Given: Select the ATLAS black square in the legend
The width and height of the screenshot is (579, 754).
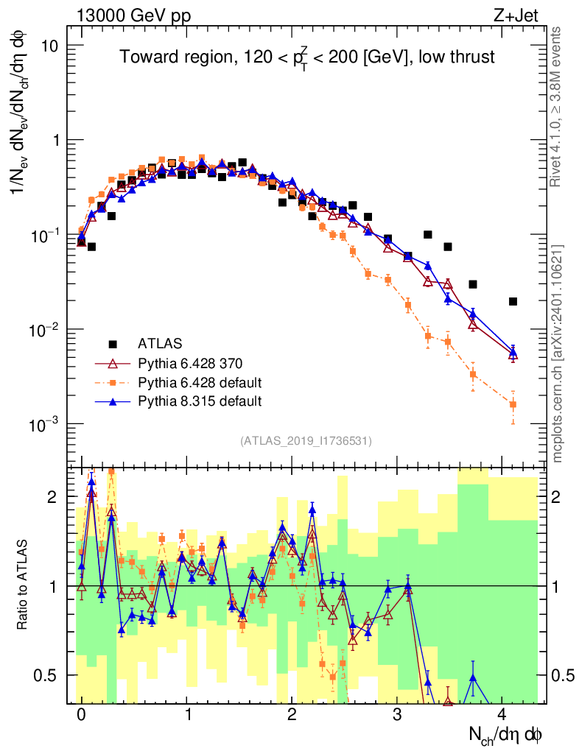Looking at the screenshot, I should point(113,344).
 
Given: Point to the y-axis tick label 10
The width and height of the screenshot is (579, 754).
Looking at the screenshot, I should point(49,46).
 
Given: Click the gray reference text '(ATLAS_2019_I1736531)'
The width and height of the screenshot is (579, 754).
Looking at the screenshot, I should point(306,441).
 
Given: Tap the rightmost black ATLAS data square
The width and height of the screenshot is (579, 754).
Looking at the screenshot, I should point(513,301).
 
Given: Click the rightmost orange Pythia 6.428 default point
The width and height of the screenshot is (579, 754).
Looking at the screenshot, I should point(513,404).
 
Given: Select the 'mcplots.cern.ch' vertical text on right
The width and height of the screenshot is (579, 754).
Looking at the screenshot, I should point(558,353).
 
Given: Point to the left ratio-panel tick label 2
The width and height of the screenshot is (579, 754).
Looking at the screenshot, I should point(52,498).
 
